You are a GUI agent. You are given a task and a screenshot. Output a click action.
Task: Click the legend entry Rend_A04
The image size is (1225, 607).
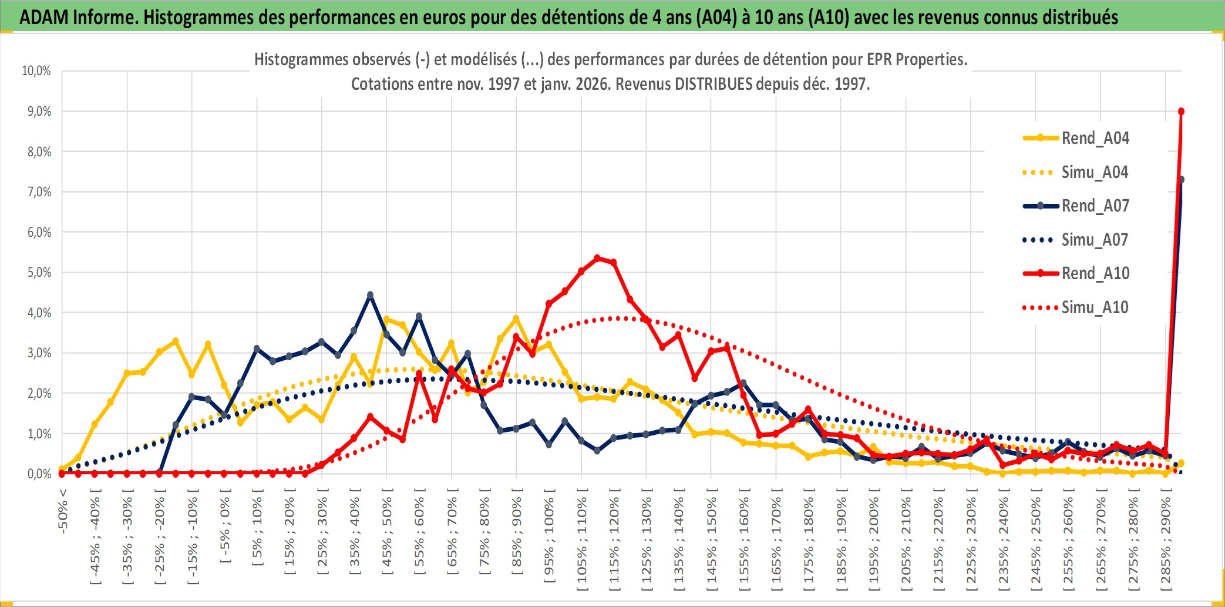click(x=1095, y=138)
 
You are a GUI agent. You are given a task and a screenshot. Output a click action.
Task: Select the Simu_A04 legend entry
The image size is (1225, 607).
click(x=1095, y=172)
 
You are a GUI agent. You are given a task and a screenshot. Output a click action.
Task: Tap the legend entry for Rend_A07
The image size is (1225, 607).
click(x=1095, y=206)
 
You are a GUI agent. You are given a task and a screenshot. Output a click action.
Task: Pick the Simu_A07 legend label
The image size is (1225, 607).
click(x=1095, y=240)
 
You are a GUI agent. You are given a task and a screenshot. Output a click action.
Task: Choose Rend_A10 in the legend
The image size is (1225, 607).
click(x=1095, y=273)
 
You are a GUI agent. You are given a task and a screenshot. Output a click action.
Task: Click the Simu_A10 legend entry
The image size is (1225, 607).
click(x=1095, y=307)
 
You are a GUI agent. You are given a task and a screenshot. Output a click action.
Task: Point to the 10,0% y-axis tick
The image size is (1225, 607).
click(x=36, y=71)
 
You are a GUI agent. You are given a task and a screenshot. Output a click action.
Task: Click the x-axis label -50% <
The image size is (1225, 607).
click(x=63, y=510)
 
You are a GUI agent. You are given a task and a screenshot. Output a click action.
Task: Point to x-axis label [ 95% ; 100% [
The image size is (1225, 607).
click(x=549, y=539)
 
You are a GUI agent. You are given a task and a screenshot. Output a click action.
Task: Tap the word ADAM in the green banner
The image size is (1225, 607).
click(x=44, y=18)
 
